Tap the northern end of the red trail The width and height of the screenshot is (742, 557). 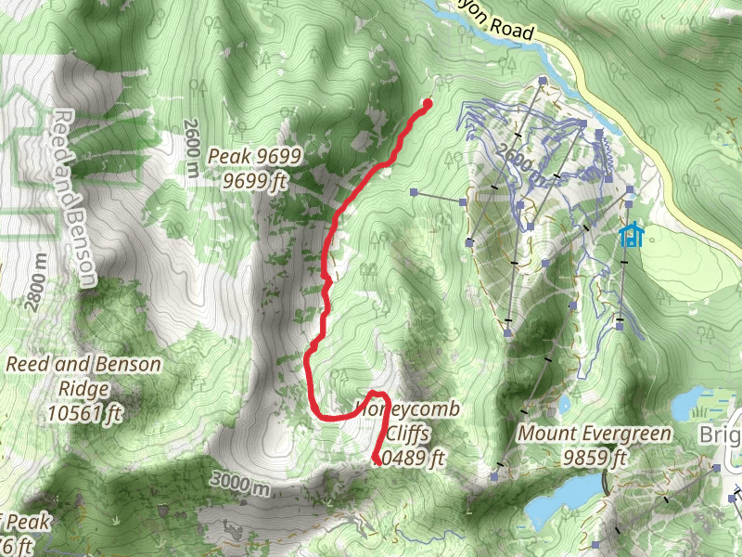click(428, 103)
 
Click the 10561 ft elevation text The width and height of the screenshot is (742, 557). click(83, 412)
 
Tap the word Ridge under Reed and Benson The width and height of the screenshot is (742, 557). click(83, 389)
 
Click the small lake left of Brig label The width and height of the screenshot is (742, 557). click(691, 404)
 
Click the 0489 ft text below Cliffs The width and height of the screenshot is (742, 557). click(414, 457)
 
